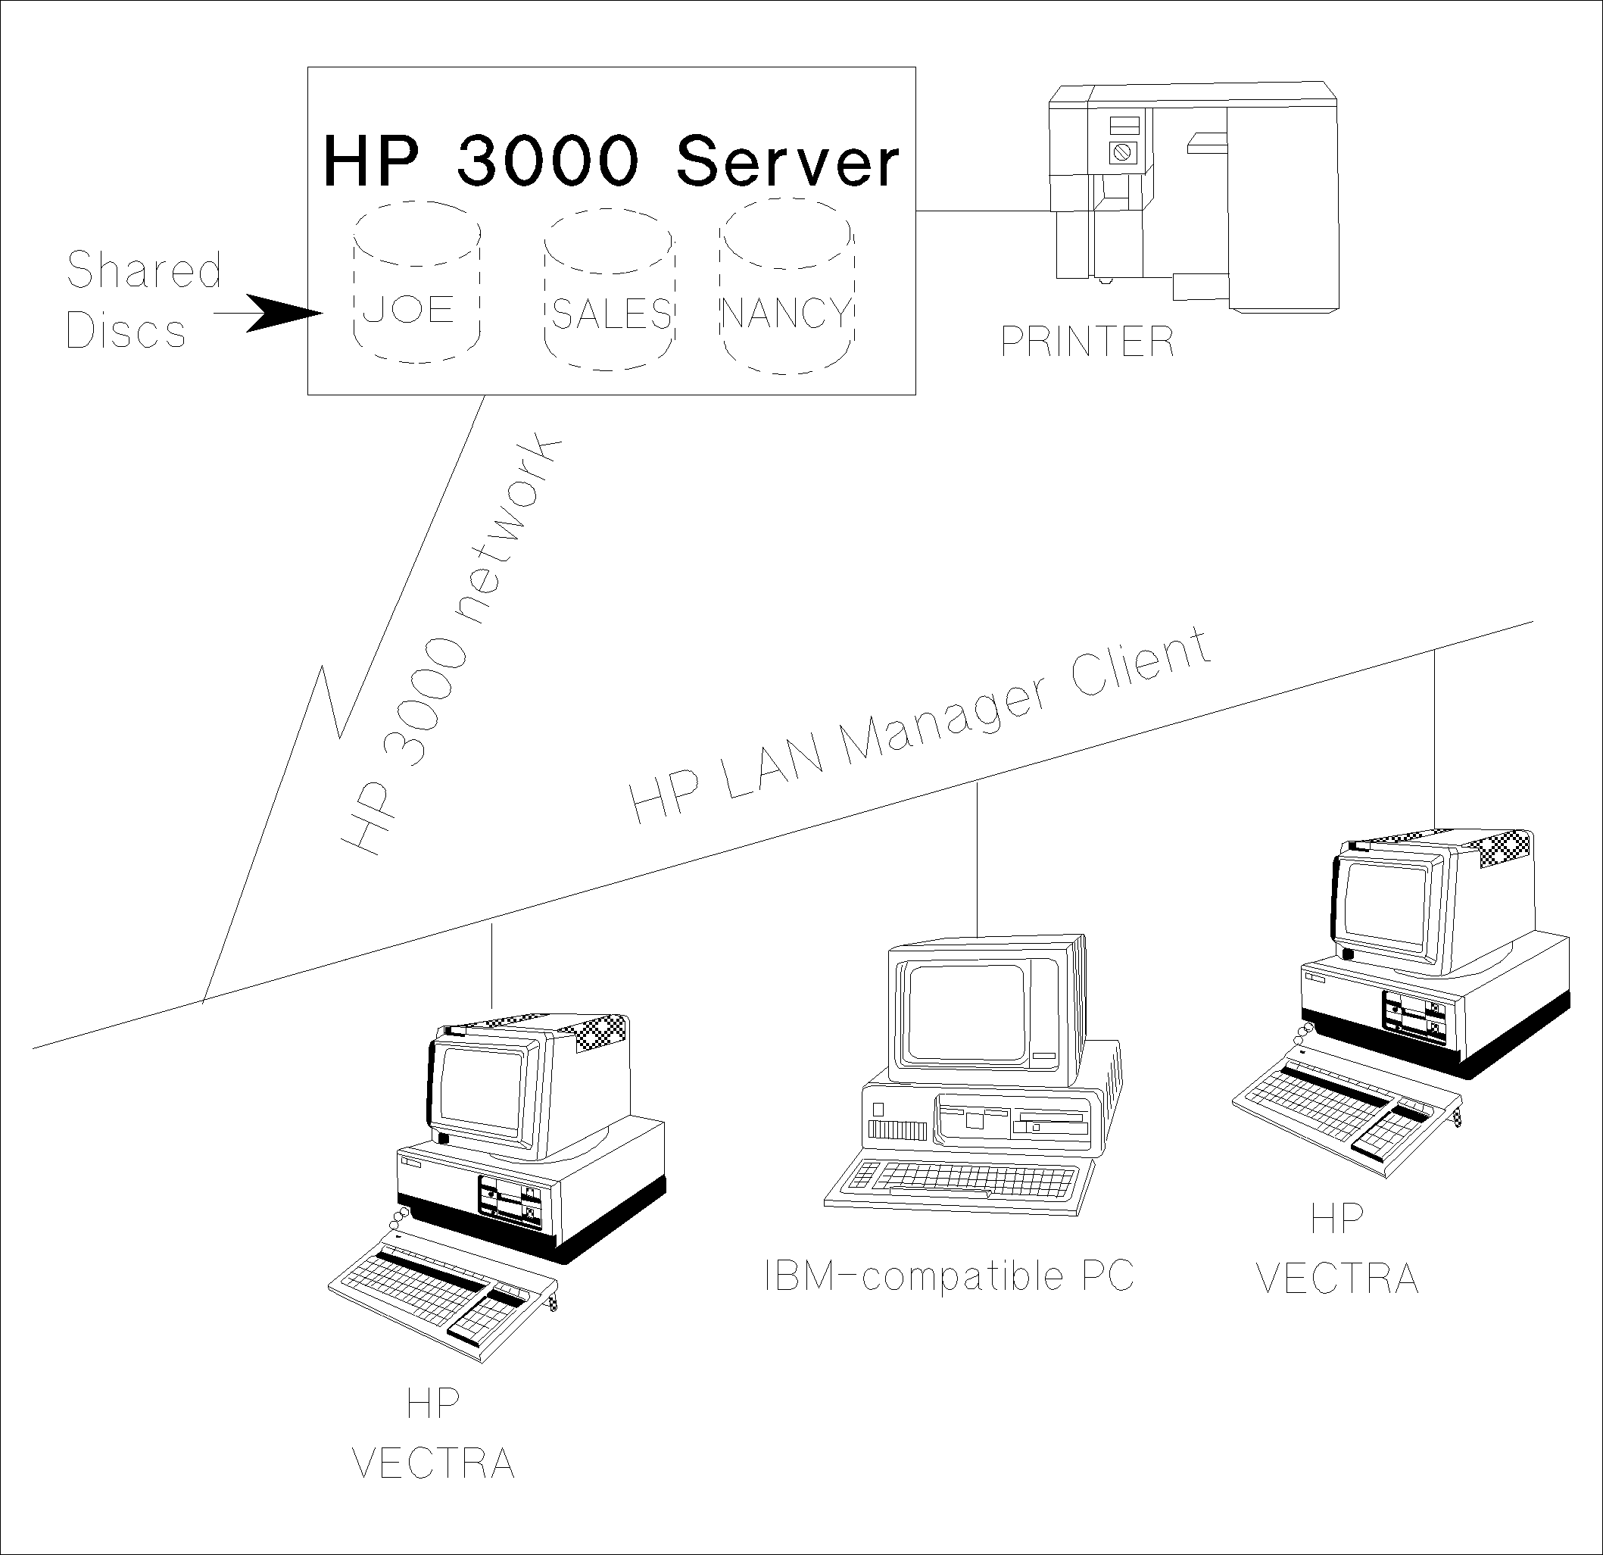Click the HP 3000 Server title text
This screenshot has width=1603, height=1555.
[x=611, y=161]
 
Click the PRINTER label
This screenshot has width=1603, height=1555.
[x=1087, y=341]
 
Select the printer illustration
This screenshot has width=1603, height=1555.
[x=1194, y=196]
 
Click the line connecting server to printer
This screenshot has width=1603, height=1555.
[x=981, y=211]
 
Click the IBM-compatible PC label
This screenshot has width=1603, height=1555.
[x=949, y=1276]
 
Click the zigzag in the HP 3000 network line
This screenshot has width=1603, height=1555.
[x=331, y=704]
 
